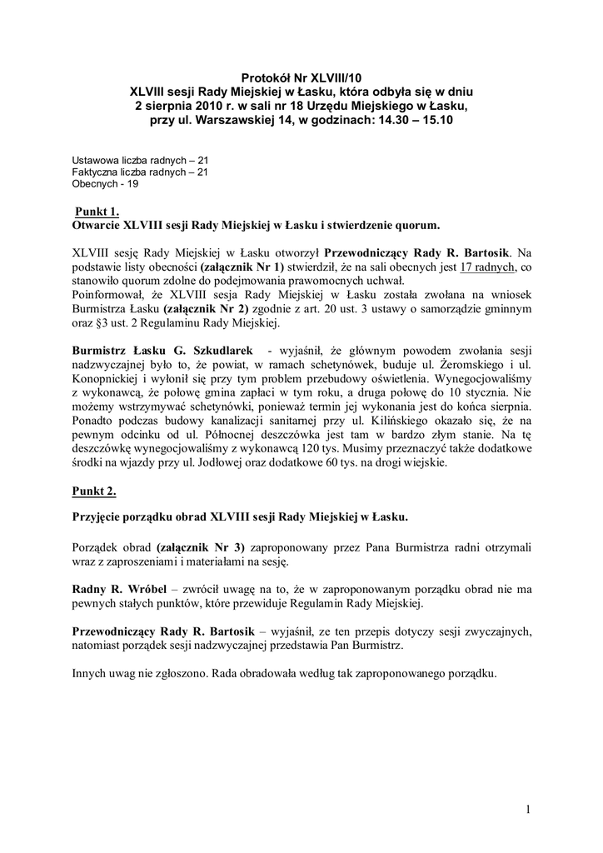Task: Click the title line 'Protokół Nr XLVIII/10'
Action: pos(301,77)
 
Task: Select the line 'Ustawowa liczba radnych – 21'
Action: pos(140,159)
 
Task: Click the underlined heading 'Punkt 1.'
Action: pos(97,212)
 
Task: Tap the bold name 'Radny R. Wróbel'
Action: pos(117,589)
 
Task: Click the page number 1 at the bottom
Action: pos(528,809)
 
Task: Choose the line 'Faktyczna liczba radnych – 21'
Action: pos(140,171)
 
